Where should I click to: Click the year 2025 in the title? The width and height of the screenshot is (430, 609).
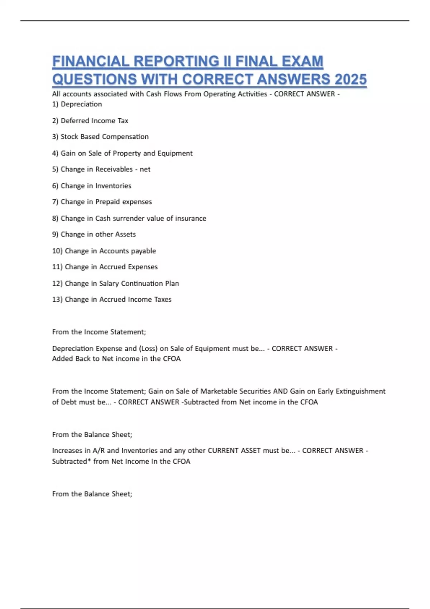point(350,79)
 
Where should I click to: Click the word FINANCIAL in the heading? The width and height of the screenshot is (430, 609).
point(91,61)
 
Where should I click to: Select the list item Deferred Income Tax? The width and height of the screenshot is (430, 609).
point(95,121)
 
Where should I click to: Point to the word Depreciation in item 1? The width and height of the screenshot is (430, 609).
point(81,104)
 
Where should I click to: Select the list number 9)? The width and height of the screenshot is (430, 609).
point(55,234)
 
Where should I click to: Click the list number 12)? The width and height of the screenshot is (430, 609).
point(57,283)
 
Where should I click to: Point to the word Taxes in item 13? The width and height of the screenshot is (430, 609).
point(163,299)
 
